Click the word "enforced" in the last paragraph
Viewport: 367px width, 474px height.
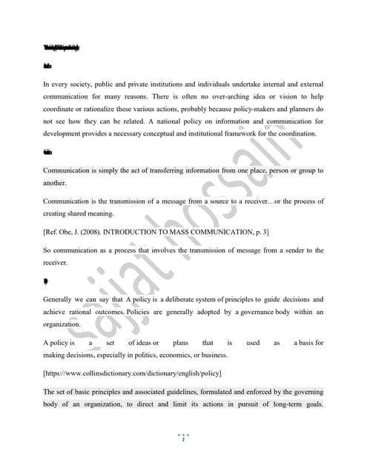pyautogui.click(x=254, y=391)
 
